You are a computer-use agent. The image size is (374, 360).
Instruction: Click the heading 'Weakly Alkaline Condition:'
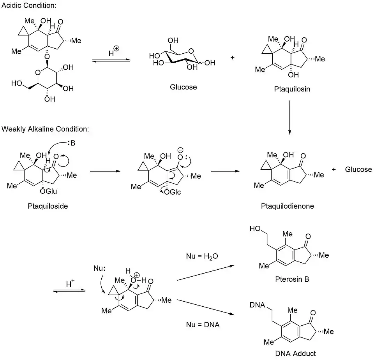coord(45,129)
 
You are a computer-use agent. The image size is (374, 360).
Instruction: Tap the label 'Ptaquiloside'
coord(48,206)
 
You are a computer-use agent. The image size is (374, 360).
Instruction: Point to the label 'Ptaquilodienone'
coord(287,206)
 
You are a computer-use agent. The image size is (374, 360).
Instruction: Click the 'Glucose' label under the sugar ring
coord(183,87)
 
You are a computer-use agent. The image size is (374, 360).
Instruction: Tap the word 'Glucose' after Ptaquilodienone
coord(358,169)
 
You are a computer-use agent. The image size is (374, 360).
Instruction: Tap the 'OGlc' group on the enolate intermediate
coord(172,192)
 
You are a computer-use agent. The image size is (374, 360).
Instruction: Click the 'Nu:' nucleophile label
coord(99,268)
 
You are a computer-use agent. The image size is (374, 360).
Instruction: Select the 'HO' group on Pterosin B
coord(256,229)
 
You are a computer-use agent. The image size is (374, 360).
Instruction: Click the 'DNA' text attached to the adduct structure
coord(258,305)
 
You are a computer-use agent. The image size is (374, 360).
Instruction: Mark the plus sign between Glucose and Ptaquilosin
coord(233,58)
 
